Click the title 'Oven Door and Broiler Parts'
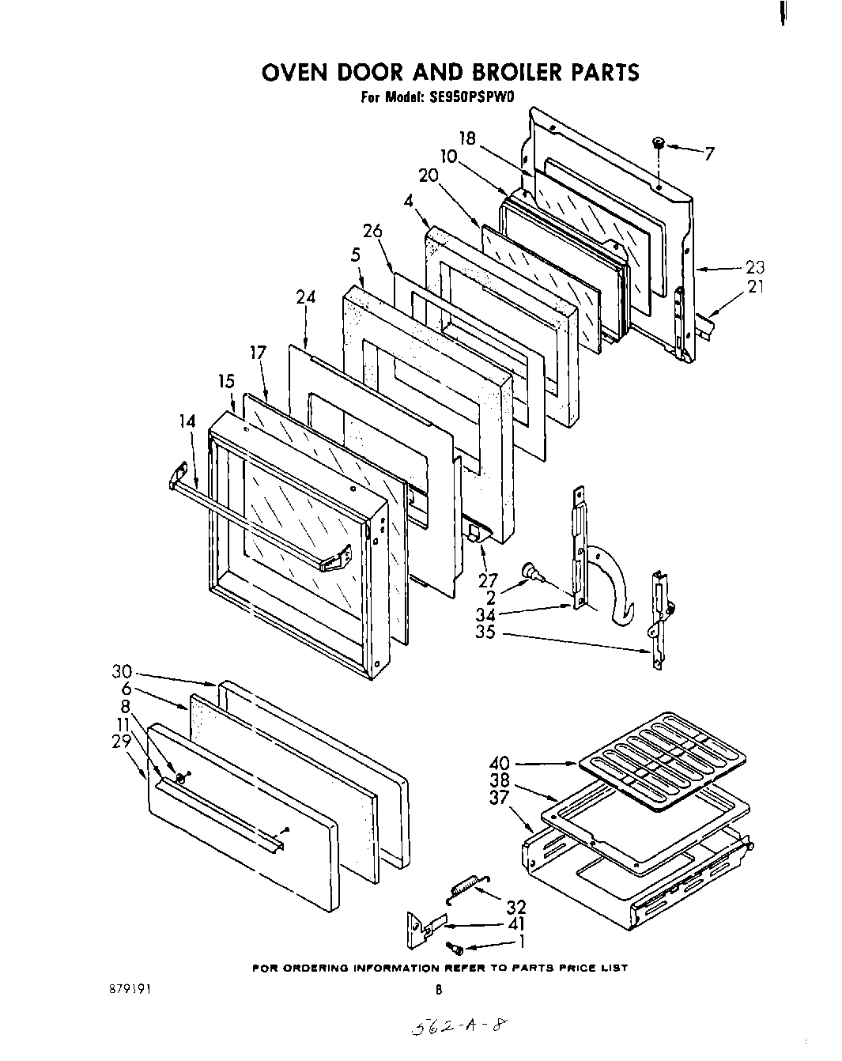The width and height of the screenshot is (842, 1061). click(x=449, y=73)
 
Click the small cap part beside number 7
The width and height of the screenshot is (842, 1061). click(x=657, y=143)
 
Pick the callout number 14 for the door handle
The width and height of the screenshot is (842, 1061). click(x=186, y=421)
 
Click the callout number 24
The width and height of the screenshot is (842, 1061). click(x=305, y=297)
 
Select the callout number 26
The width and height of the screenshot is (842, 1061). click(x=372, y=231)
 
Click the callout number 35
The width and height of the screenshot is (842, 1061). click(x=485, y=632)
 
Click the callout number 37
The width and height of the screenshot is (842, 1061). click(x=499, y=799)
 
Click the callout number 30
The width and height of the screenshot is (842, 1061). click(x=121, y=673)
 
